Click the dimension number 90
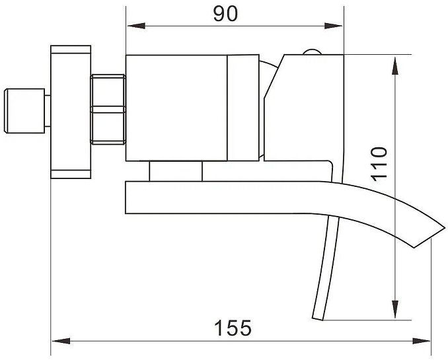click(x=225, y=14)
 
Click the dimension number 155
click(x=233, y=328)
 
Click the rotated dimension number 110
click(x=379, y=164)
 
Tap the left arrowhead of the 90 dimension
click(x=136, y=26)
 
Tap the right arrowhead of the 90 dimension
click(x=334, y=26)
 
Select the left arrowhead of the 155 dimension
click(x=61, y=341)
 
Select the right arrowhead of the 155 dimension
click(x=421, y=341)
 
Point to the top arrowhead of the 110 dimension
click(x=395, y=65)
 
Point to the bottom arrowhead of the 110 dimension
click(x=395, y=309)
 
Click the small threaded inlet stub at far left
click(x=24, y=111)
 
